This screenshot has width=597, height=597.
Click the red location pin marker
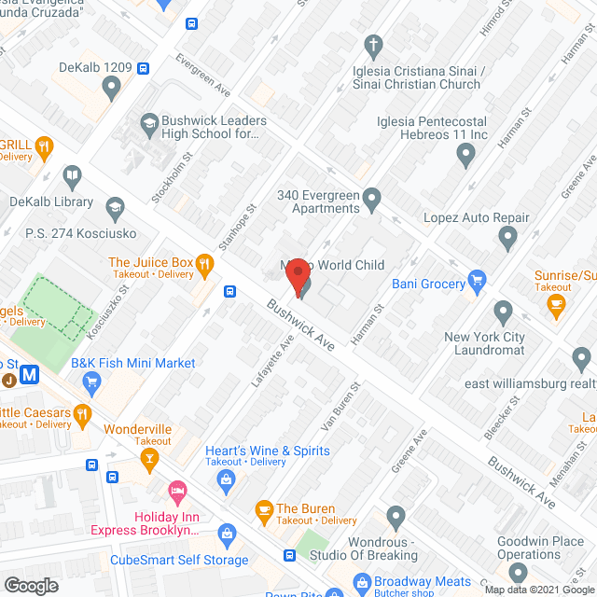297,276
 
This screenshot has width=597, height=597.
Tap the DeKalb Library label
51,201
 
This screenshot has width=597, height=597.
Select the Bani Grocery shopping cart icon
478,279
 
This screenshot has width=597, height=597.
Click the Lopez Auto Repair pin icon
508,240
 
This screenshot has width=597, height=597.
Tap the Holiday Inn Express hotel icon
176,491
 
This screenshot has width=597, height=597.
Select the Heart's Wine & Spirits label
268,451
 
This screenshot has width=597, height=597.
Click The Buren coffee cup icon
264,508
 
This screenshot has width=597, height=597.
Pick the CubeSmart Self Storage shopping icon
225,535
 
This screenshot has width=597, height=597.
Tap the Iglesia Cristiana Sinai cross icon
373,45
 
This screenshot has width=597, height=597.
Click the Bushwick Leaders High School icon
148,122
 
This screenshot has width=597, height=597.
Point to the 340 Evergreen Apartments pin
372,198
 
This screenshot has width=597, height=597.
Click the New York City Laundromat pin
503,311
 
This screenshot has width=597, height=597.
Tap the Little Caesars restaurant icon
83,413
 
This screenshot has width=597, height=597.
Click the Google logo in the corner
31,585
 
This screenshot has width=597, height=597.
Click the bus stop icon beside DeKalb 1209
143,68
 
